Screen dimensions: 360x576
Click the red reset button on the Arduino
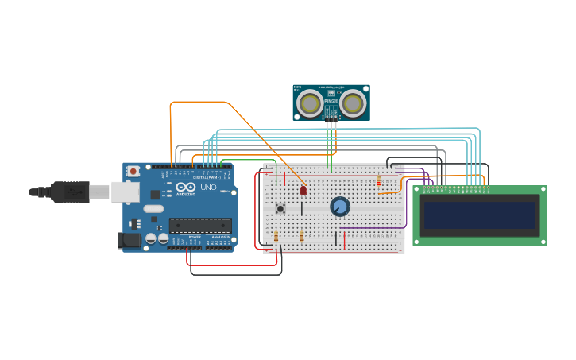point(133,171)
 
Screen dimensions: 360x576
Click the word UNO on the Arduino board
point(208,188)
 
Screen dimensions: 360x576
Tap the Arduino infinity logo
point(180,188)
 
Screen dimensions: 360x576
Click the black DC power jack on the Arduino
point(126,239)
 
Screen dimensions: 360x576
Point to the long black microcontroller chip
point(200,226)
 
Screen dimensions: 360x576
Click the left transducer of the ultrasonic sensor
point(310,103)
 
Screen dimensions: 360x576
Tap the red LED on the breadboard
point(303,191)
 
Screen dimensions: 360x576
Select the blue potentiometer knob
point(340,207)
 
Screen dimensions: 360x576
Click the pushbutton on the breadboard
point(280,208)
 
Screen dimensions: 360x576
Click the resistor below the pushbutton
point(276,236)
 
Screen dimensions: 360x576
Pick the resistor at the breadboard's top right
point(378,180)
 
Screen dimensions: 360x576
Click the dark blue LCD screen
point(479,215)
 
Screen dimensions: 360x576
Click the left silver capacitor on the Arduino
point(151,238)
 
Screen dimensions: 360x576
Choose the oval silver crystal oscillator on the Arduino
point(154,209)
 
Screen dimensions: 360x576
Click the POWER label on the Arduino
point(195,237)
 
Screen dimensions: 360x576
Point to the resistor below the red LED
point(302,236)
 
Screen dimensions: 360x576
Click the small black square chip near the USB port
point(134,223)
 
